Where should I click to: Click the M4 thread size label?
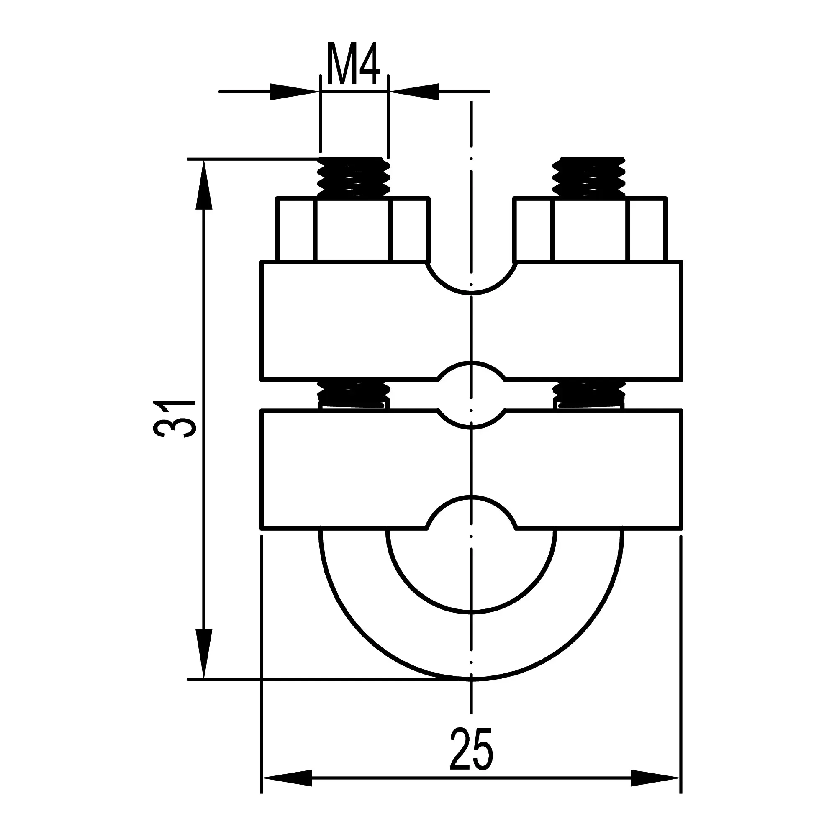tap(354, 64)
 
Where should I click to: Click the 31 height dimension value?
tap(175, 419)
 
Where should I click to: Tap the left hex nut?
tap(353, 230)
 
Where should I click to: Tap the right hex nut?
tap(590, 230)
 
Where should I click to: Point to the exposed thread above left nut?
tap(354, 177)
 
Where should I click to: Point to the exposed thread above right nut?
tap(590, 177)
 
